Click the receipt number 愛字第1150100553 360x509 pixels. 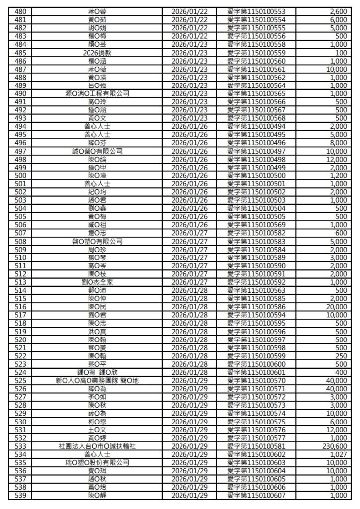coord(261,11)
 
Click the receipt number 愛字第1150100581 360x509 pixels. coord(261,446)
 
